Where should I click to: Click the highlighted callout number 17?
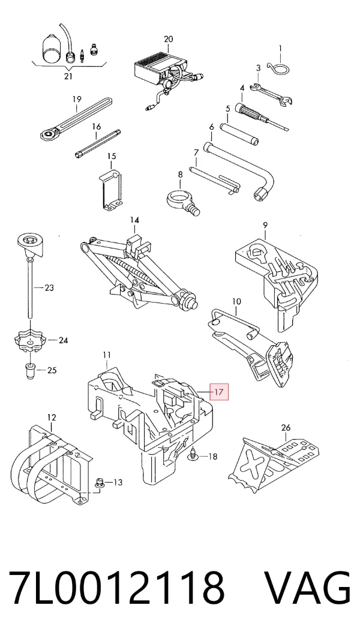pos(218,392)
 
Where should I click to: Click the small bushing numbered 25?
pos(30,369)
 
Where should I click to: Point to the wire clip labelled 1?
pos(278,68)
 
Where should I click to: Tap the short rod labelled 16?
pos(98,143)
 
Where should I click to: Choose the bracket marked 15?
pos(111,190)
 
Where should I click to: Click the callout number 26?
pos(286,427)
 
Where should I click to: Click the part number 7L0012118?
pos(116,587)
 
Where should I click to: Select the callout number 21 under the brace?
pos(68,76)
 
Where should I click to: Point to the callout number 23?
pos(49,288)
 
